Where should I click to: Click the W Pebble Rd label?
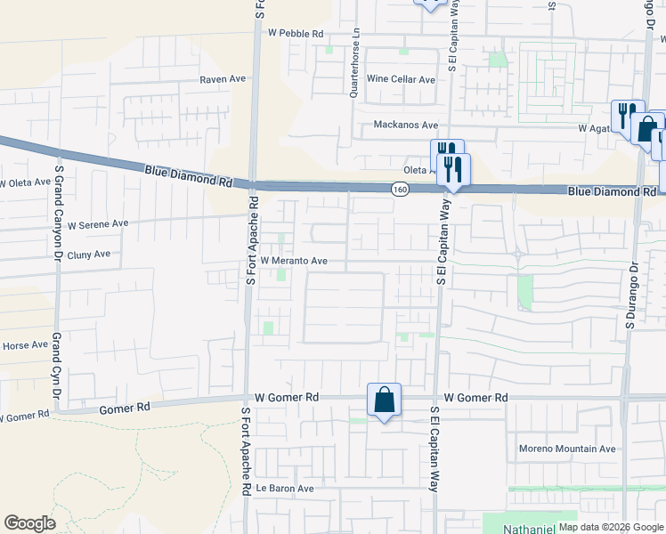tap(295, 34)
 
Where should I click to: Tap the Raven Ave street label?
tap(222, 79)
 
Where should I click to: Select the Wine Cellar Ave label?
tap(401, 80)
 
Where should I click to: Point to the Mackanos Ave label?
tap(405, 125)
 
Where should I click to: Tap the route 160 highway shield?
tap(398, 189)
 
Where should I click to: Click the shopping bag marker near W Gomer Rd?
tap(384, 400)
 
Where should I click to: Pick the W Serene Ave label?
tap(98, 223)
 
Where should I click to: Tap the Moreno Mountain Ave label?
tap(567, 449)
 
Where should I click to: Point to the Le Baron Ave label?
tap(285, 489)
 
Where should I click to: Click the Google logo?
tap(29, 523)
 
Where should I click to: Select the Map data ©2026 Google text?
tap(610, 527)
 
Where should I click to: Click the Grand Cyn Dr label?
tap(56, 367)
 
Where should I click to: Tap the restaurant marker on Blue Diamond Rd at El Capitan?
tap(454, 168)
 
